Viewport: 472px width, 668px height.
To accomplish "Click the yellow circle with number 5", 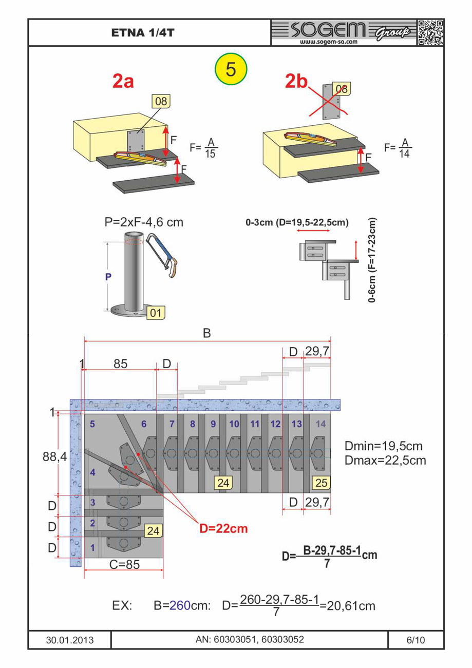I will point(231,69).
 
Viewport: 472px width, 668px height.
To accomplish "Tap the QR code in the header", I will point(430,33).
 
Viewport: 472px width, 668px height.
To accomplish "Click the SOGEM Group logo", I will point(345,33).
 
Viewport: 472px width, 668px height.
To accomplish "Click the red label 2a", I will point(123,81).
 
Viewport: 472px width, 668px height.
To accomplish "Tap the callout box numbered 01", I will point(156,311).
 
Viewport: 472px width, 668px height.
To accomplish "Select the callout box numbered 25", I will point(320,483).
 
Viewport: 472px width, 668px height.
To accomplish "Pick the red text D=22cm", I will point(223,528).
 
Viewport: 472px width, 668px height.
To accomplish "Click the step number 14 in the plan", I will point(320,424).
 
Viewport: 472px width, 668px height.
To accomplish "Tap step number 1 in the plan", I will point(92,547).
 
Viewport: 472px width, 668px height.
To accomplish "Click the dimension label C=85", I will point(123,564).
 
